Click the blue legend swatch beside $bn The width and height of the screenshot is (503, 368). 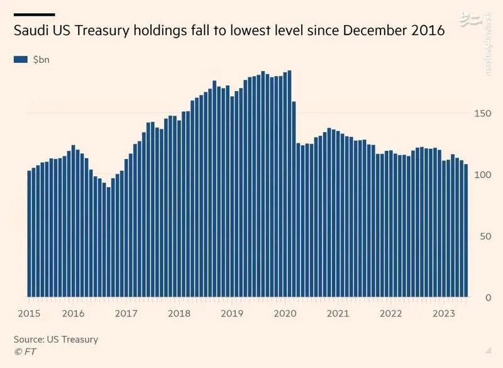[x=21, y=59]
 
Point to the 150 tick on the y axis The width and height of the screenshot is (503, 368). [x=481, y=113]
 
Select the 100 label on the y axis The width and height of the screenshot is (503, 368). [x=481, y=174]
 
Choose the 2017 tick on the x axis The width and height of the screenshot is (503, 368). [x=126, y=313]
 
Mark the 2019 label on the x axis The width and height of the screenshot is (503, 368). [x=233, y=313]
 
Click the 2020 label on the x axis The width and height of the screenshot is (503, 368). [x=285, y=313]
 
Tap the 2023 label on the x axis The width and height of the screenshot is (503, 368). [x=445, y=313]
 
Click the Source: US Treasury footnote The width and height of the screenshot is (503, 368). [x=56, y=339]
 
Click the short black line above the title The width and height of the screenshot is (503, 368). [x=34, y=14]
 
